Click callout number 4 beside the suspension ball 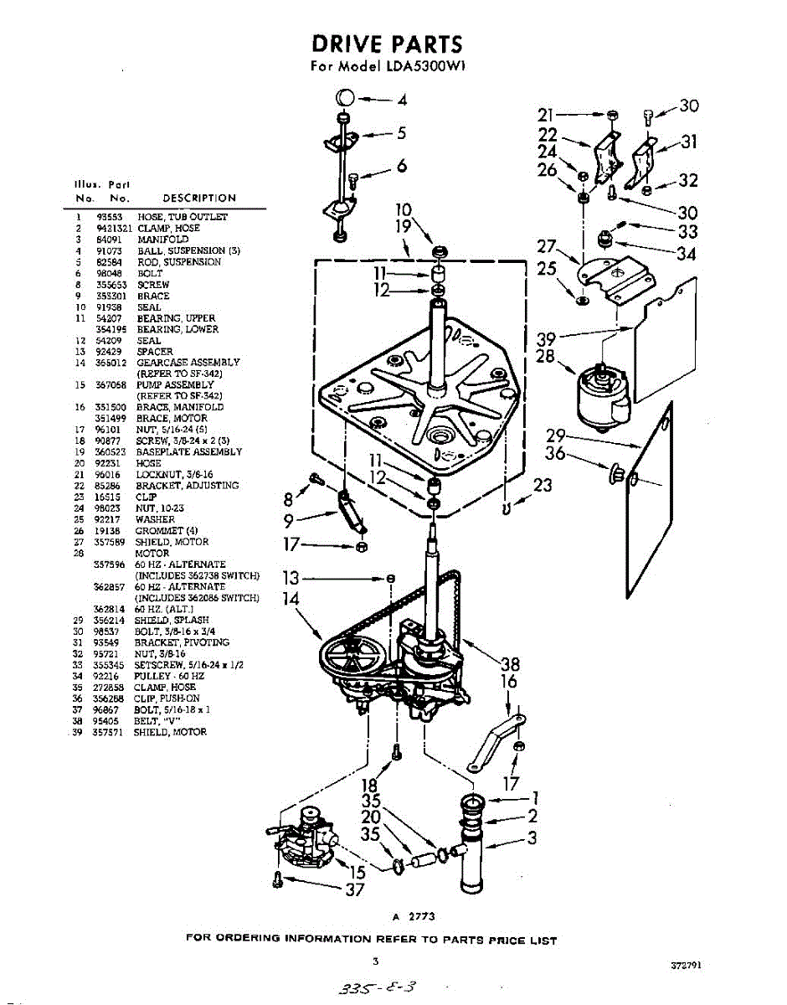pos(402,100)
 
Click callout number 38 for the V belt pos(510,665)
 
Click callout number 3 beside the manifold pos(531,838)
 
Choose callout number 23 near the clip pos(543,485)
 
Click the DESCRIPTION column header pos(199,198)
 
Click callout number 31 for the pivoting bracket pos(688,142)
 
